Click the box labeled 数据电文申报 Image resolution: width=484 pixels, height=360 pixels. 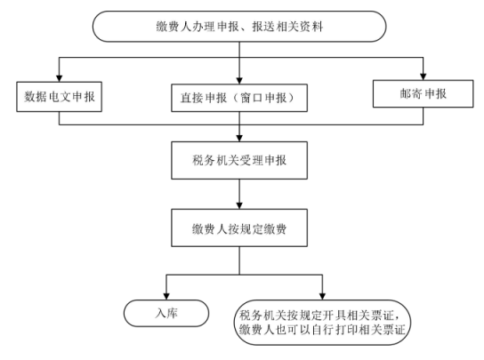click(59, 97)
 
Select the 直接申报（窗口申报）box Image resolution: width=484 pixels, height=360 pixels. click(239, 98)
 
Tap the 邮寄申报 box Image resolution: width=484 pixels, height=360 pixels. click(423, 94)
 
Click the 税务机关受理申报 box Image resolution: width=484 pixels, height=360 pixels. click(239, 160)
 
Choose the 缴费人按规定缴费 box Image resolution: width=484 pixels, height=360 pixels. click(239, 228)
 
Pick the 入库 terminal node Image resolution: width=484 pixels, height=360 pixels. click(166, 313)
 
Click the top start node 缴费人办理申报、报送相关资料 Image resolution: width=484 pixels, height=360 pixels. click(239, 27)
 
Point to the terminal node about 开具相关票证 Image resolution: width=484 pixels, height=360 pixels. click(322, 323)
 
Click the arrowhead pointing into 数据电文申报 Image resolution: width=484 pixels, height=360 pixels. click(59, 78)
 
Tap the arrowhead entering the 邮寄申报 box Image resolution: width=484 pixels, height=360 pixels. click(423, 76)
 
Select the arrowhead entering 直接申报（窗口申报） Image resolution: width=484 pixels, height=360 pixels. click(239, 81)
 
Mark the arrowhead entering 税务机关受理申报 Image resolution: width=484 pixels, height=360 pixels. click(239, 138)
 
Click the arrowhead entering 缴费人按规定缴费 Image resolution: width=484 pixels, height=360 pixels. click(239, 205)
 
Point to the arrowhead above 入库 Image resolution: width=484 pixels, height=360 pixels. click(166, 296)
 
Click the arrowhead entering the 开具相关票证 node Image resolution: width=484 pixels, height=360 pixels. click(322, 296)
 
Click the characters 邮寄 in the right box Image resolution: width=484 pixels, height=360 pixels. click(411, 94)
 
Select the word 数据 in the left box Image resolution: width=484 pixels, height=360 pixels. click(36, 97)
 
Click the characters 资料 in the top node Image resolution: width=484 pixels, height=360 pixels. click(311, 27)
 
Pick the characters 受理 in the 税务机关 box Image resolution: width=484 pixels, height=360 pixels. click(251, 160)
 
